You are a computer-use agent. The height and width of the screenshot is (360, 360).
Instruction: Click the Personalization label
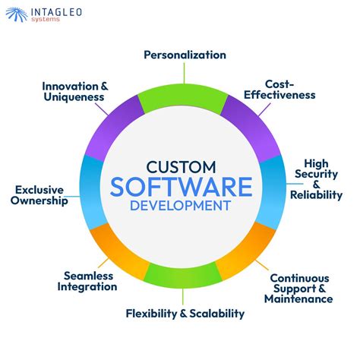tap(185, 55)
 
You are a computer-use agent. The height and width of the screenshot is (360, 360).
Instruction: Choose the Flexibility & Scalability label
tap(185, 313)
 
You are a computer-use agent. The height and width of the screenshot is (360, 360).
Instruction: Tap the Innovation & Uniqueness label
tap(74, 92)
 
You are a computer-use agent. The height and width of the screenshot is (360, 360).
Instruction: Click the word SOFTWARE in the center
tap(181, 186)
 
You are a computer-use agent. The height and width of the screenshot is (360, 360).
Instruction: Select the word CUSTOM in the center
tap(181, 165)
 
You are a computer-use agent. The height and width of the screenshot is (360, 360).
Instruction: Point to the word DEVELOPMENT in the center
tap(181, 206)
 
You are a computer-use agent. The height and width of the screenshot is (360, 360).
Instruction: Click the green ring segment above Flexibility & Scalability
tap(180, 276)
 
